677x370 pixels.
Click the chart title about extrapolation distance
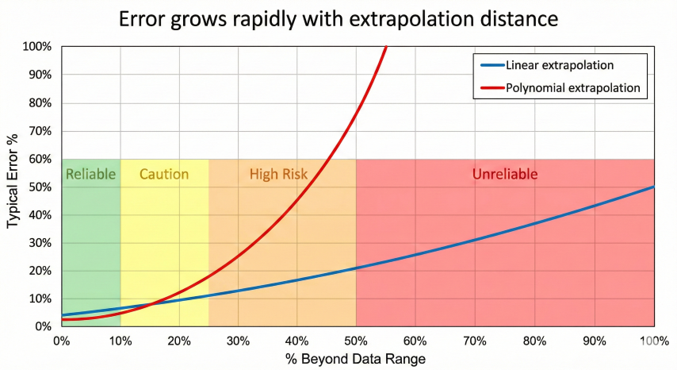(338, 19)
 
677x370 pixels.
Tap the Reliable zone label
(90, 174)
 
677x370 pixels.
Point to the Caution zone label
(164, 174)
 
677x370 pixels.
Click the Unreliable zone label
(505, 174)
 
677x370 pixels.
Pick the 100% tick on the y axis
(37, 48)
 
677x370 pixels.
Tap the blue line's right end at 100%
(654, 187)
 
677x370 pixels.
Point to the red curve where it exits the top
(386, 48)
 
